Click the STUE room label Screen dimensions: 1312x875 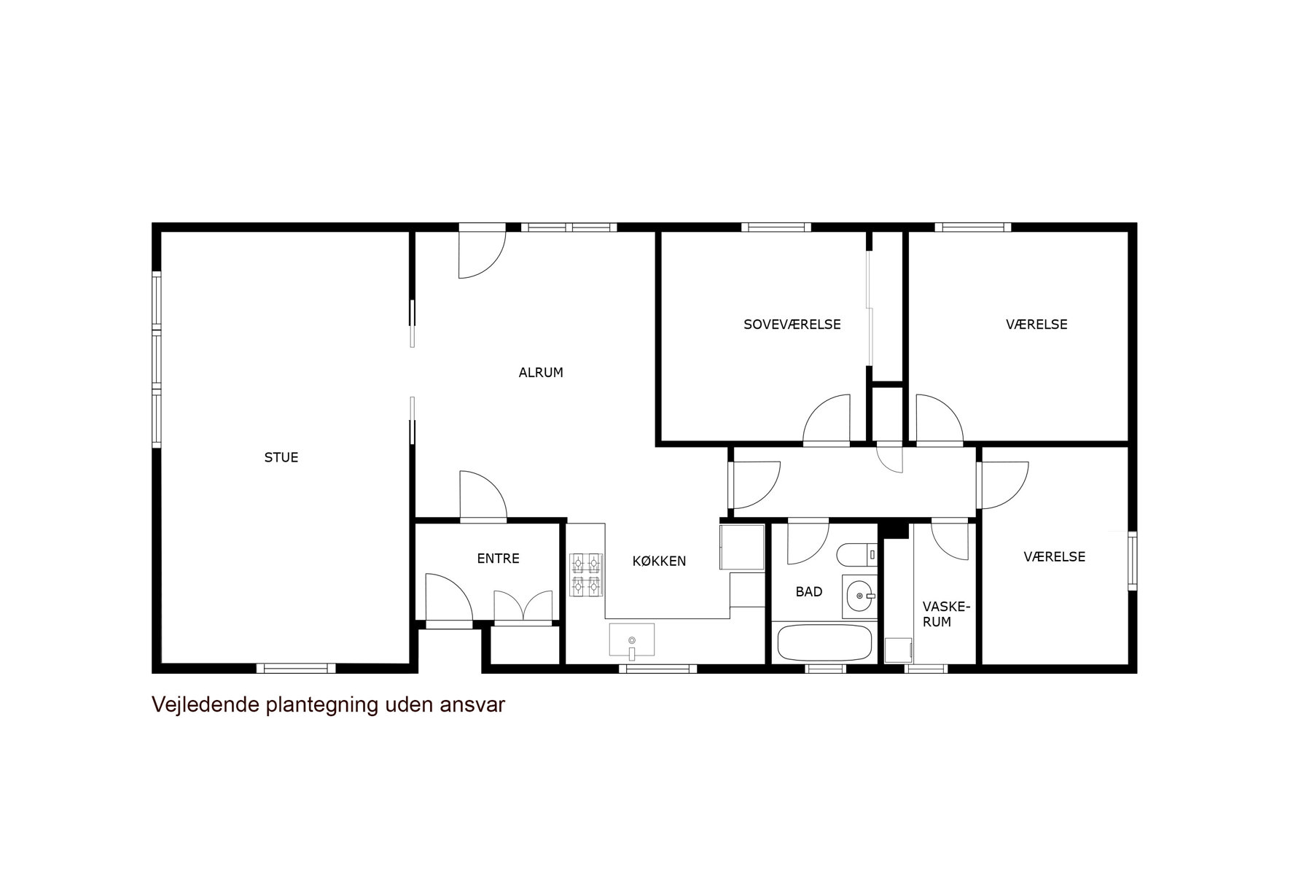[x=281, y=457]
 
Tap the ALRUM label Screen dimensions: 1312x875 [x=541, y=373]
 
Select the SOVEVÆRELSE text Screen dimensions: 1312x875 [x=792, y=324]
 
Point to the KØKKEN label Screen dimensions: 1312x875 [x=659, y=561]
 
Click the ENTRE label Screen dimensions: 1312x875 [x=498, y=559]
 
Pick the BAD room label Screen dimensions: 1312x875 [x=809, y=592]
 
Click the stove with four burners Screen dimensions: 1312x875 [x=586, y=575]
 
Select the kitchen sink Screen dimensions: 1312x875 [x=632, y=640]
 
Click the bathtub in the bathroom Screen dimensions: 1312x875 [x=824, y=642]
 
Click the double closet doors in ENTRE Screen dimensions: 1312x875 [x=523, y=607]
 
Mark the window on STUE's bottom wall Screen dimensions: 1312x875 [x=296, y=668]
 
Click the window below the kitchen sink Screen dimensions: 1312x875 [x=658, y=668]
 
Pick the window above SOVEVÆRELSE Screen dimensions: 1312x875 [x=776, y=227]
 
